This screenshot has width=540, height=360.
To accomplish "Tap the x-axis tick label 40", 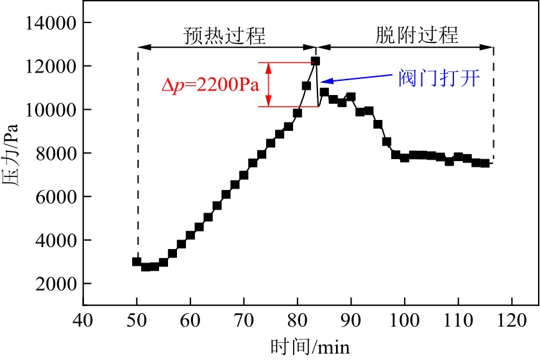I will (x=83, y=319).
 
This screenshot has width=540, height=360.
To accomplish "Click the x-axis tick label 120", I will (x=511, y=319).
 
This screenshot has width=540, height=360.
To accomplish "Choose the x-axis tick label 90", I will (x=350, y=319).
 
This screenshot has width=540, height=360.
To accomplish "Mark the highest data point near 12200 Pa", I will (x=315, y=61).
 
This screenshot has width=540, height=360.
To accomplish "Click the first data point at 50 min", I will (x=137, y=261).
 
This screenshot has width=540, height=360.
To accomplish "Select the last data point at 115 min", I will (x=485, y=164).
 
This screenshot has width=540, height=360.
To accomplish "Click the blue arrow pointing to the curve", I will (x=359, y=76).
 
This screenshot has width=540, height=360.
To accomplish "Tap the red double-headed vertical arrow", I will (x=269, y=84).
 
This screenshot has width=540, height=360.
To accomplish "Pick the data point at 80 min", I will (x=298, y=113).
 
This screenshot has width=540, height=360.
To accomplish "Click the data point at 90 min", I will (x=350, y=97).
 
